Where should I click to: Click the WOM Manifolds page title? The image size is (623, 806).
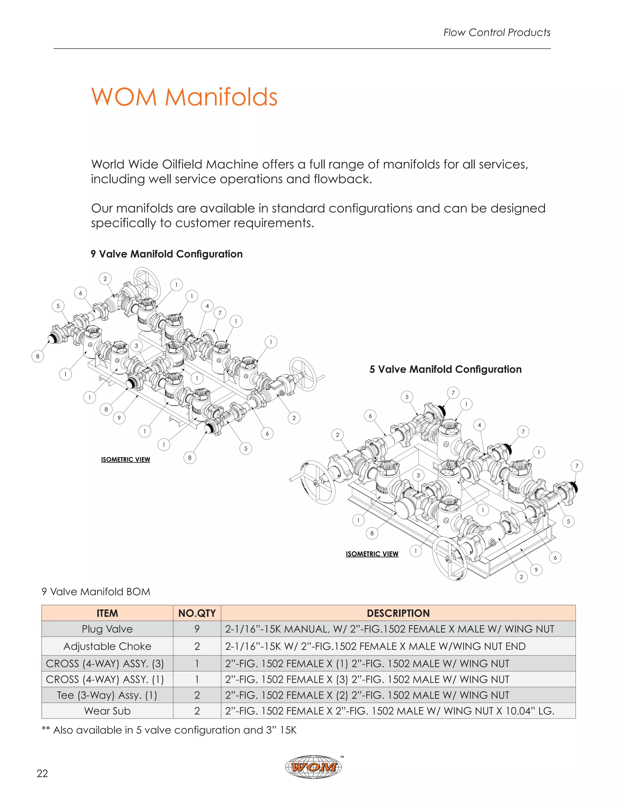click(x=184, y=97)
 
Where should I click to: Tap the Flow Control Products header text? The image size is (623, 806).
click(x=496, y=33)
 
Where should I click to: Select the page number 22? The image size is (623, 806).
click(x=43, y=773)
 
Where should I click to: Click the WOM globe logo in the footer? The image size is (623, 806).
click(x=313, y=767)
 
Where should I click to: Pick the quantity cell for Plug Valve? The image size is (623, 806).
click(x=197, y=629)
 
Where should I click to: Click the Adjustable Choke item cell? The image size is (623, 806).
click(x=107, y=646)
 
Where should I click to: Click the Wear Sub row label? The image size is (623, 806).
click(x=107, y=711)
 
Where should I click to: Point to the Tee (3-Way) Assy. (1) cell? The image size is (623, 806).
click(x=107, y=695)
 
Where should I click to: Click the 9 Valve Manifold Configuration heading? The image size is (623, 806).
click(x=166, y=254)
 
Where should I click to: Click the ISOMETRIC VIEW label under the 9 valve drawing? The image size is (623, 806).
click(x=126, y=460)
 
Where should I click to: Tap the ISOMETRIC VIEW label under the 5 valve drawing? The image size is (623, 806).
click(x=372, y=554)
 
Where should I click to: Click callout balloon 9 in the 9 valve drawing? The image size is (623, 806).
click(x=119, y=418)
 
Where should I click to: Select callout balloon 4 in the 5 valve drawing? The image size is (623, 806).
click(x=479, y=425)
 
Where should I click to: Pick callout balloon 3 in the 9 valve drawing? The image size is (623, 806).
click(x=136, y=346)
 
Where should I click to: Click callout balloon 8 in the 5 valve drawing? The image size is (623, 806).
click(x=372, y=533)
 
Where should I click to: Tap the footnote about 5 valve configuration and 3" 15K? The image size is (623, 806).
click(x=169, y=730)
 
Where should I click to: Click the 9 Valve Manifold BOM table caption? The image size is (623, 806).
click(x=96, y=592)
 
